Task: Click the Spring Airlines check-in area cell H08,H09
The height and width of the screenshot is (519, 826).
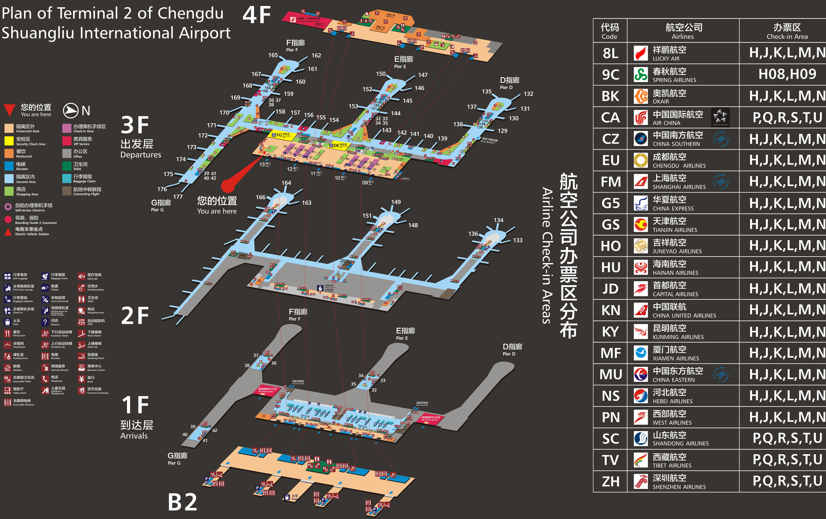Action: point(787,74)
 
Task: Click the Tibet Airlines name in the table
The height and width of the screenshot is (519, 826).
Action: point(672,460)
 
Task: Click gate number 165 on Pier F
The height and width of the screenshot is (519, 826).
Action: point(273,55)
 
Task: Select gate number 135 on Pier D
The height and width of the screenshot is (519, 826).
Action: point(486,91)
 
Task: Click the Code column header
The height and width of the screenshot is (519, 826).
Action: point(610,31)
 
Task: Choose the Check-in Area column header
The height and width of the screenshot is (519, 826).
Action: point(787,31)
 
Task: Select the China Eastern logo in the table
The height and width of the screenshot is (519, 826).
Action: point(640,374)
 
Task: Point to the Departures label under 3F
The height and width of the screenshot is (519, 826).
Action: point(141,155)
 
